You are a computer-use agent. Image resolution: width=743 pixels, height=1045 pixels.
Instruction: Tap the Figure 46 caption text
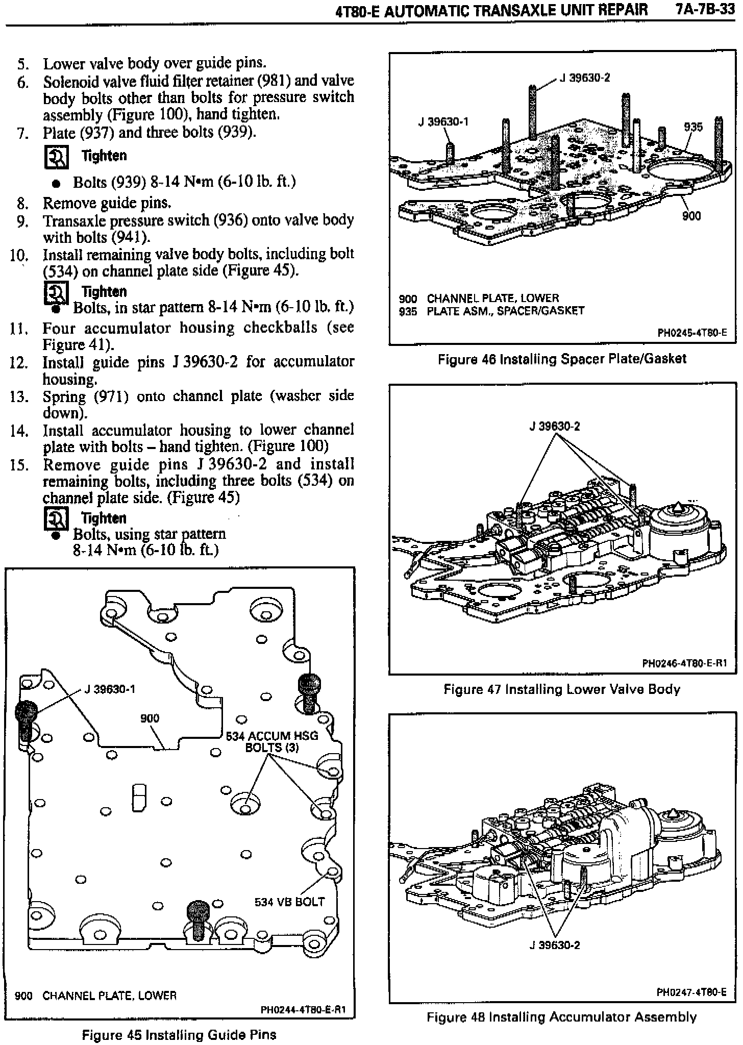562,359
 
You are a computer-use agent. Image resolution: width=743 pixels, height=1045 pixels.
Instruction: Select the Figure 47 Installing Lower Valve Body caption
562,690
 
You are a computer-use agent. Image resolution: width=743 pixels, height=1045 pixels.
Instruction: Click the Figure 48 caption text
561,1017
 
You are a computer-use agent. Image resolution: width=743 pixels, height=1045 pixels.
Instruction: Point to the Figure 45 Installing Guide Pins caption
179,1035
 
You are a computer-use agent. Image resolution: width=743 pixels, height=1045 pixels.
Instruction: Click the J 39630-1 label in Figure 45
110,689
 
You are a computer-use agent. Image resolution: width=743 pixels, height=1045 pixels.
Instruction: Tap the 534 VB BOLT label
289,902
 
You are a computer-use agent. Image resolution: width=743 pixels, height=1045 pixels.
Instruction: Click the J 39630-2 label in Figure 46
585,78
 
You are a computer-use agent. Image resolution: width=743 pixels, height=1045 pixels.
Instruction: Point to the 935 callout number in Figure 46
693,127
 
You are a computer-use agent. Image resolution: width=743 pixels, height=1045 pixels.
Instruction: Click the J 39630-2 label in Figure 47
555,427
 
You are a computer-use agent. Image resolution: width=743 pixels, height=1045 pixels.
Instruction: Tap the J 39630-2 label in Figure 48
555,946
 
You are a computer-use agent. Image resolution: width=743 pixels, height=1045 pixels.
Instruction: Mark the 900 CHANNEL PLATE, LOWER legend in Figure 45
96,996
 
